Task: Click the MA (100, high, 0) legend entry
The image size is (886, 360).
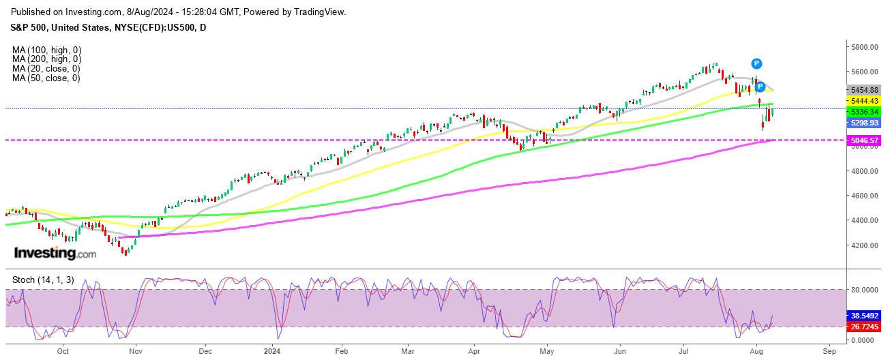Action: [46, 50]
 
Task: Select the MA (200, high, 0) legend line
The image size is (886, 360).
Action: [46, 59]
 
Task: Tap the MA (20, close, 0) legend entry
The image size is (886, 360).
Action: [46, 69]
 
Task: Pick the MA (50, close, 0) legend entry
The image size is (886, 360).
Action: [46, 78]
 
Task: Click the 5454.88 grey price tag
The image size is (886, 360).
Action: [864, 90]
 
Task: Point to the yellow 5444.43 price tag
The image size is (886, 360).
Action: [864, 101]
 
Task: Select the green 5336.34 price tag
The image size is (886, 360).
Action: [864, 111]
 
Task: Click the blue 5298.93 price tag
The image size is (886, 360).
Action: [864, 123]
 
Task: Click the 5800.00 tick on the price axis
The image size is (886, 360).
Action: [863, 47]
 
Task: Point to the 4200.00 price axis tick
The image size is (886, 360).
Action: [863, 245]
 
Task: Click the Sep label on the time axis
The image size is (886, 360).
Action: [829, 352]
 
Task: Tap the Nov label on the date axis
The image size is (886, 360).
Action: [135, 352]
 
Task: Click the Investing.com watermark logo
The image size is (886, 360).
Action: [55, 254]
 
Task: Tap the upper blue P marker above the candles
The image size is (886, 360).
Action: [756, 63]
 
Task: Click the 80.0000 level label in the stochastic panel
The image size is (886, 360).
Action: [863, 290]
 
